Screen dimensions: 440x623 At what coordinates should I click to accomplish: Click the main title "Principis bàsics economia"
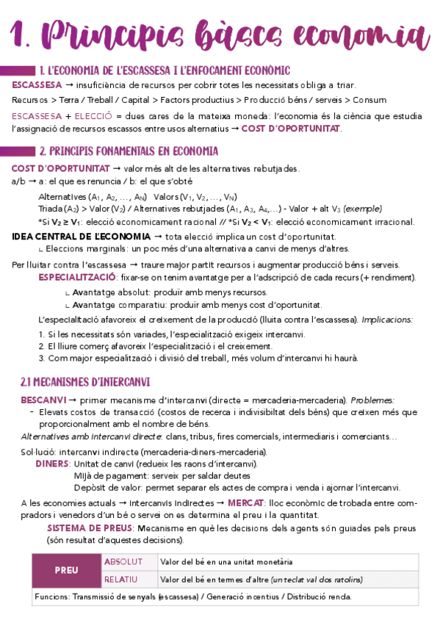[220, 35]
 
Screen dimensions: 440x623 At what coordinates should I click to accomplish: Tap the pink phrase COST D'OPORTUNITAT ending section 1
[291, 129]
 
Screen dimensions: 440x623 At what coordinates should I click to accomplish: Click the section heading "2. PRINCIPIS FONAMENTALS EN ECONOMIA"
[129, 151]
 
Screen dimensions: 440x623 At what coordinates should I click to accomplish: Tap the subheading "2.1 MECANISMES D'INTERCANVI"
[84, 382]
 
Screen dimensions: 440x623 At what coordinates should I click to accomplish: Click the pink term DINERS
[53, 464]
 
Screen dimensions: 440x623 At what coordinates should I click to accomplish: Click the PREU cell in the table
[67, 570]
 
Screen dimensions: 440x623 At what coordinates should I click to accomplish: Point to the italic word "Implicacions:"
[387, 320]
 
